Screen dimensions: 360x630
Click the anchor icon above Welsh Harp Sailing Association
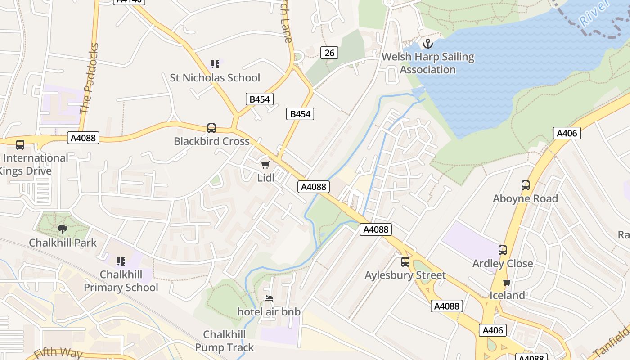pyautogui.click(x=428, y=44)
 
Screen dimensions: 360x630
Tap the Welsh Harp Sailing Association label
pyautogui.click(x=428, y=63)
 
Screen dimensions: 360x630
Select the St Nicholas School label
pyautogui.click(x=215, y=78)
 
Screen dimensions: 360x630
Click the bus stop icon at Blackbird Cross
pyautogui.click(x=211, y=128)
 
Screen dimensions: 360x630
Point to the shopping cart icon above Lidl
pyautogui.click(x=265, y=165)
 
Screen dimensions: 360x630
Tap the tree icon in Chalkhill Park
pyautogui.click(x=63, y=229)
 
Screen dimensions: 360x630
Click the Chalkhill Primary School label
pyautogui.click(x=121, y=281)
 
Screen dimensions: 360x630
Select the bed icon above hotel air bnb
pyautogui.click(x=269, y=298)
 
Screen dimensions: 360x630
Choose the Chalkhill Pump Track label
pyautogui.click(x=225, y=341)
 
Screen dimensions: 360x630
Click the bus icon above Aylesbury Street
pyautogui.click(x=405, y=261)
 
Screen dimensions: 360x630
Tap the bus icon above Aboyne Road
pyautogui.click(x=525, y=185)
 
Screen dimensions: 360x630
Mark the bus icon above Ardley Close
pyautogui.click(x=503, y=250)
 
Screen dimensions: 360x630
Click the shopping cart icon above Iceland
pyautogui.click(x=507, y=282)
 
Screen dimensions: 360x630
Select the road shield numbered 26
pyautogui.click(x=329, y=53)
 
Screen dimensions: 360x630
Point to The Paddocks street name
pyautogui.click(x=89, y=79)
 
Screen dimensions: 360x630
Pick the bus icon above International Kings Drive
pyautogui.click(x=20, y=145)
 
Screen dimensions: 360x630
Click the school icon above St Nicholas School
pyautogui.click(x=215, y=64)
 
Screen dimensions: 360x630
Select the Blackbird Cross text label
pyautogui.click(x=211, y=141)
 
